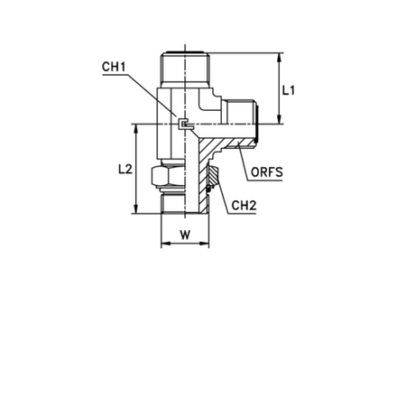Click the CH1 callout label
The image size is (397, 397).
(114, 67)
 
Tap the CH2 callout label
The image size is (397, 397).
(244, 206)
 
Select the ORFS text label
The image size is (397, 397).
(267, 172)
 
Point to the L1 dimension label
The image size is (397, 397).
(289, 90)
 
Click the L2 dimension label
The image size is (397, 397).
(125, 169)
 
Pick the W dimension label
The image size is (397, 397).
(185, 235)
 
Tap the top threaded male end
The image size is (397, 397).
(185, 68)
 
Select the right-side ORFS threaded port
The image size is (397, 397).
(241, 124)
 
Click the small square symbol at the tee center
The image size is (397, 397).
(183, 124)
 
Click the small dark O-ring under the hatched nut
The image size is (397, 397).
(208, 189)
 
